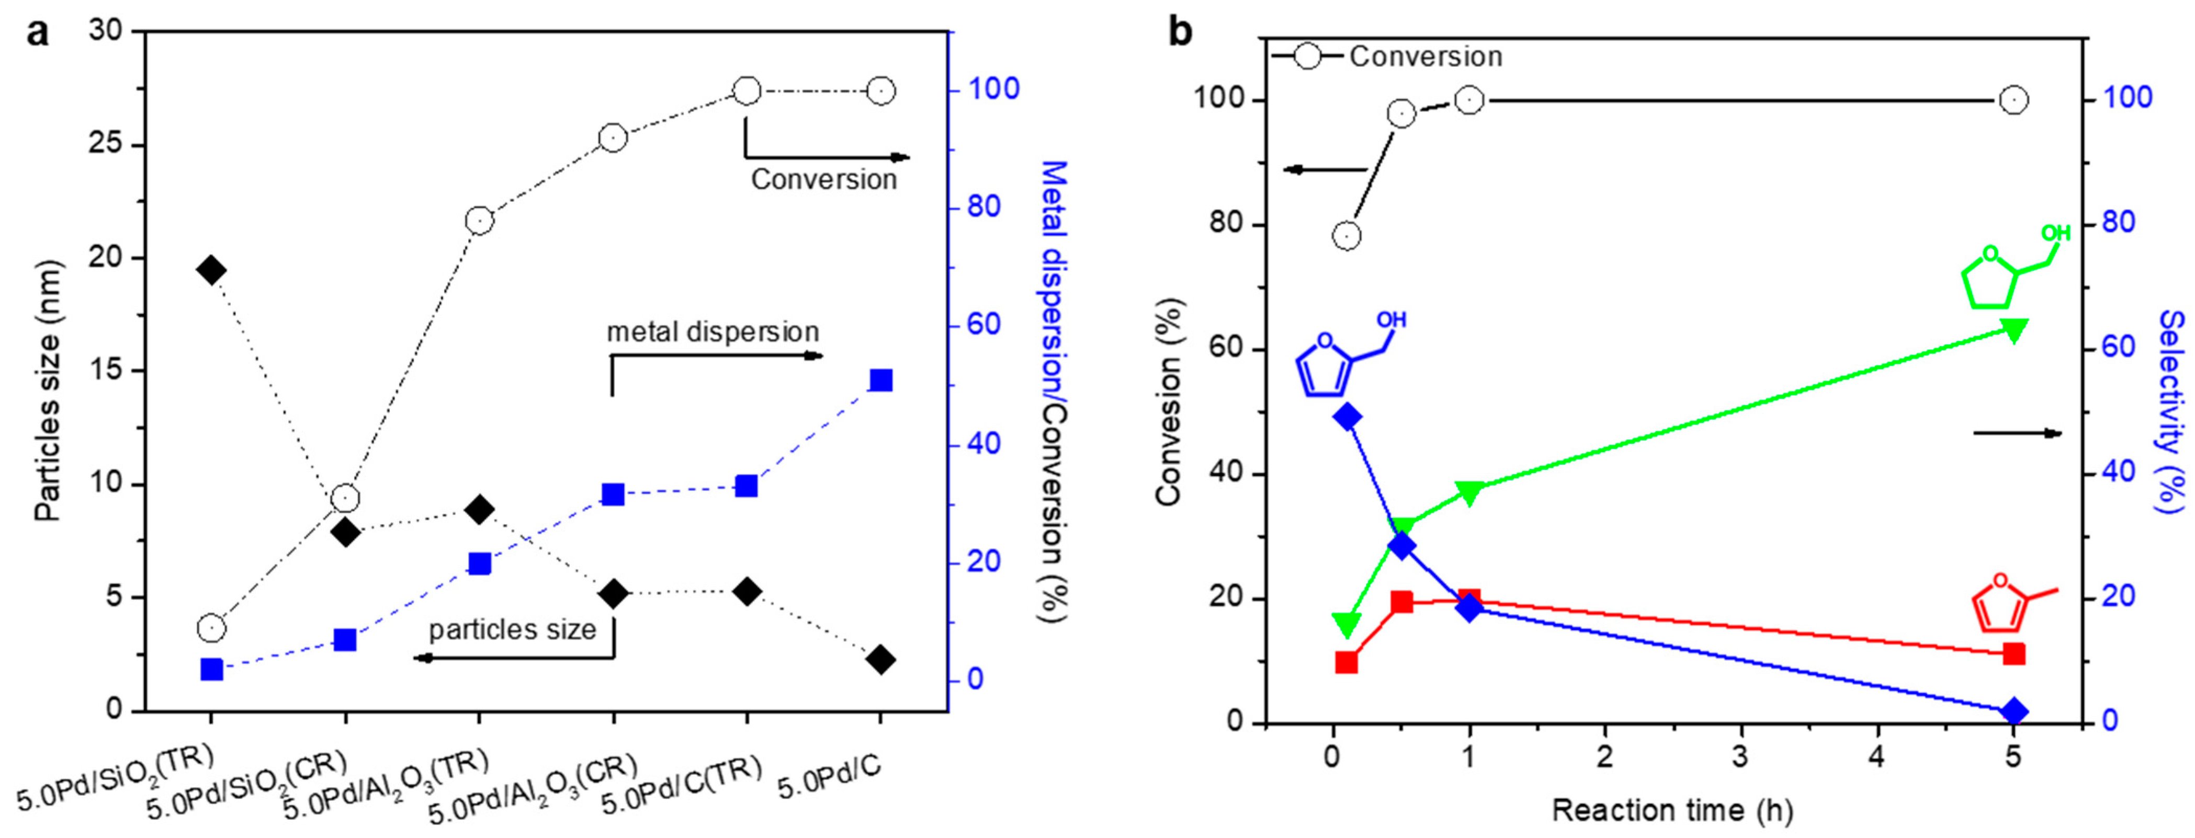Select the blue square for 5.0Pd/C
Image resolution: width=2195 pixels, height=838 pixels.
(881, 380)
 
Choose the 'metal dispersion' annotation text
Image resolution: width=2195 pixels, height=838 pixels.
(712, 331)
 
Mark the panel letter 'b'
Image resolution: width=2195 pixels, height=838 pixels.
(1180, 32)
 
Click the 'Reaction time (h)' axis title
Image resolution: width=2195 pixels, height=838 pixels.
(1672, 809)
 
